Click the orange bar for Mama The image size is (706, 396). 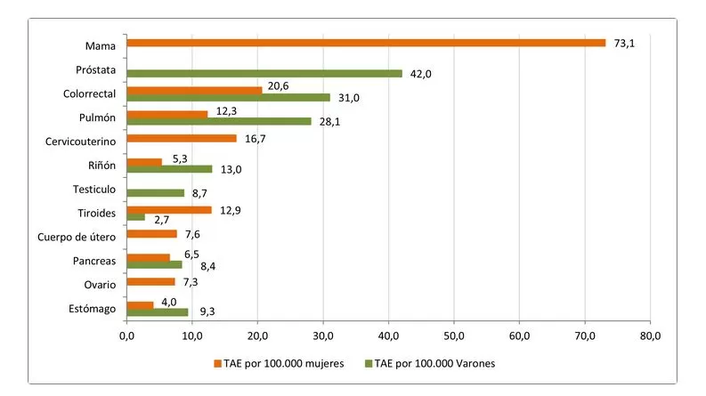click(x=365, y=43)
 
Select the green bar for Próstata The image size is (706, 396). click(x=264, y=73)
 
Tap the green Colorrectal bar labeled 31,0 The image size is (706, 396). click(x=228, y=97)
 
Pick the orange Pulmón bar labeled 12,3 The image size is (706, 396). click(x=167, y=113)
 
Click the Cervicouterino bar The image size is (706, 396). click(x=182, y=138)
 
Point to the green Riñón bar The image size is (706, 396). click(x=169, y=168)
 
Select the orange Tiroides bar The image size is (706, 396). click(x=169, y=209)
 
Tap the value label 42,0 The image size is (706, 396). click(x=419, y=74)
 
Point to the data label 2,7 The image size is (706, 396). click(x=162, y=219)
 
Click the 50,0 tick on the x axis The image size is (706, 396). click(x=453, y=335)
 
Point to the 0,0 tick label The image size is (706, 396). click(x=126, y=335)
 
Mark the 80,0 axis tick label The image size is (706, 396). click(x=650, y=335)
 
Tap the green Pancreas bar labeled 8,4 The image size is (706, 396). click(x=154, y=264)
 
